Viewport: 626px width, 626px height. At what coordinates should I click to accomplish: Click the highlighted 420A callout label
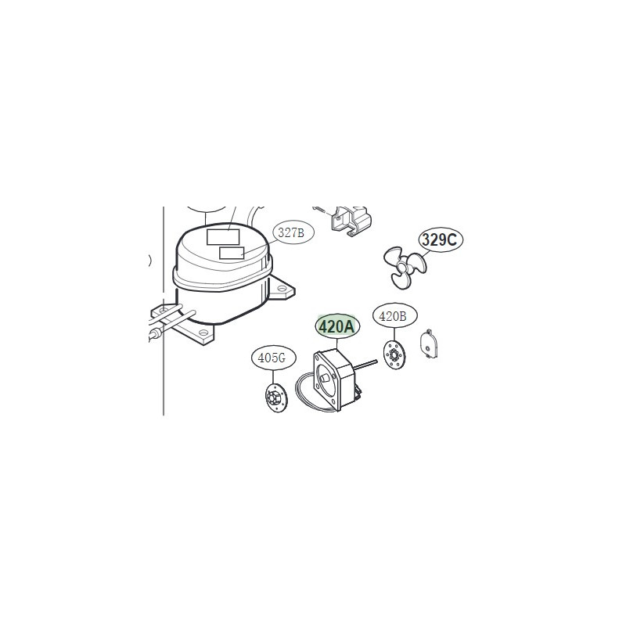click(337, 326)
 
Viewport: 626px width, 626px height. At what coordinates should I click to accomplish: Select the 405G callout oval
click(273, 358)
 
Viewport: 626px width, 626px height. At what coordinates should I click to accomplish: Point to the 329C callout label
click(441, 239)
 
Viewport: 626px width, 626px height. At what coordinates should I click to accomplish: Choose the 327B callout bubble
click(293, 232)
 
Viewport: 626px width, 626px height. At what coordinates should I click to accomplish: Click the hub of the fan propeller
click(405, 267)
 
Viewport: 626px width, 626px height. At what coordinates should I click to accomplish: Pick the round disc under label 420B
click(394, 355)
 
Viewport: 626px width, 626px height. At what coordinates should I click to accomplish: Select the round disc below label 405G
click(276, 398)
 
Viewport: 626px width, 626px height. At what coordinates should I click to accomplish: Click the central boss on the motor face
click(324, 378)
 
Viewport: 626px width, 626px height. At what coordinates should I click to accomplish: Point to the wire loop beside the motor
click(309, 394)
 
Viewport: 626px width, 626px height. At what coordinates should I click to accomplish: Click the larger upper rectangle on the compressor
click(223, 237)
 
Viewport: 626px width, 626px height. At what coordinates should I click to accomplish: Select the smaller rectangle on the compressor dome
click(232, 253)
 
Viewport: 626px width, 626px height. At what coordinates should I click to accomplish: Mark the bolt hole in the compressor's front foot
click(204, 333)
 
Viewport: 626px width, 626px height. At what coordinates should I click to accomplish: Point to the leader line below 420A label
click(337, 344)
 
